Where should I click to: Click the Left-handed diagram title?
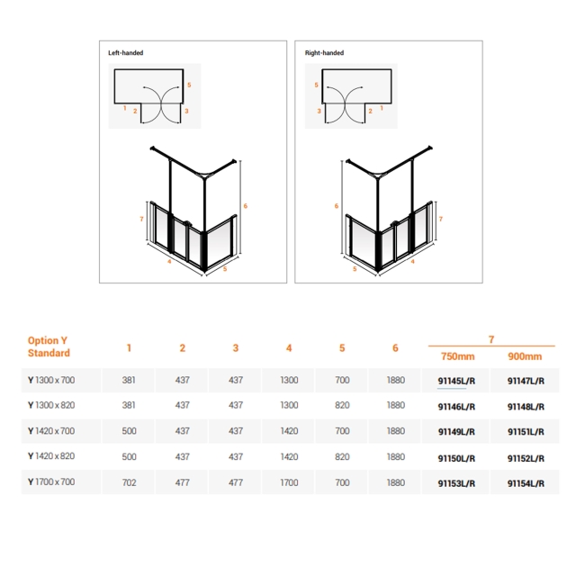[126, 53]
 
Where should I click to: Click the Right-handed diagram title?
[325, 53]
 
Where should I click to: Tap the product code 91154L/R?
[526, 483]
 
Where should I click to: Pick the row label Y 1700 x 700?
[51, 483]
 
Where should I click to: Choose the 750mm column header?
[457, 355]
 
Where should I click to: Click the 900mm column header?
[525, 355]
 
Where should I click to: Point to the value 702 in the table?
[129, 483]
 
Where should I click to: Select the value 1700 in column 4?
[289, 483]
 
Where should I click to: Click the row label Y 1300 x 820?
[51, 406]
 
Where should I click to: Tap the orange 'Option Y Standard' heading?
[49, 346]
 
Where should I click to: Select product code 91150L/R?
[456, 457]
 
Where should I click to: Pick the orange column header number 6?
[395, 347]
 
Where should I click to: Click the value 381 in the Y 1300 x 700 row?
[129, 381]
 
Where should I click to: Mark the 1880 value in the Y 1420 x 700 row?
[395, 431]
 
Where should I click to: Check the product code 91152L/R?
[526, 457]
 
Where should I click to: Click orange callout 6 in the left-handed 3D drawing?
[245, 206]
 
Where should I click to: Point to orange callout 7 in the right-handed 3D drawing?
[439, 219]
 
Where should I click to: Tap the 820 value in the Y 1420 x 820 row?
[342, 457]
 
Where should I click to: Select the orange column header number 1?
[129, 347]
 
